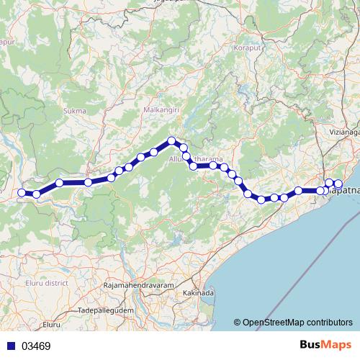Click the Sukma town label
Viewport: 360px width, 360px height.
point(75,111)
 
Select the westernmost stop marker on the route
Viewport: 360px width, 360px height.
point(22,192)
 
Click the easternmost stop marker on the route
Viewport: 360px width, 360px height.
point(338,184)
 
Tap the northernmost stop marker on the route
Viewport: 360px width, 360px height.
point(171,141)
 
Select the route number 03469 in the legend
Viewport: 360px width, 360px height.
point(36,346)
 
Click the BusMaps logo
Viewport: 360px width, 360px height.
point(325,346)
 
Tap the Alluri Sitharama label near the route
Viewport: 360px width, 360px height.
point(195,158)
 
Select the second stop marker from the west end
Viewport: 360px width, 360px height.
point(36,194)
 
